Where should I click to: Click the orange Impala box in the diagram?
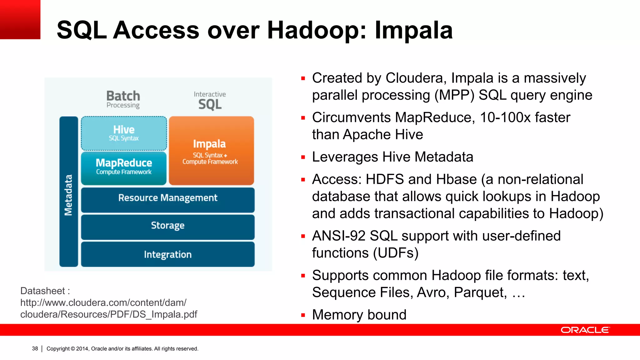click(211, 151)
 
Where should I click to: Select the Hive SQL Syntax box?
click(124, 133)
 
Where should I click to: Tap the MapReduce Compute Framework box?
click(124, 168)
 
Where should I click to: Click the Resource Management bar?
click(168, 200)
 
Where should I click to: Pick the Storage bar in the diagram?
click(168, 227)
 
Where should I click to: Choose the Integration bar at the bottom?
click(168, 254)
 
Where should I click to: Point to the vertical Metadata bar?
click(69, 192)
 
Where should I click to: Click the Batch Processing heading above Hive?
click(123, 99)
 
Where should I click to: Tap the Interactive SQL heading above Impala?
click(210, 101)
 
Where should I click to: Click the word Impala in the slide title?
click(413, 30)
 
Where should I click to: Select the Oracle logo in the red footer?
click(585, 330)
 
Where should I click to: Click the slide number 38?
click(35, 348)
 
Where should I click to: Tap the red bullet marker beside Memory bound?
click(303, 315)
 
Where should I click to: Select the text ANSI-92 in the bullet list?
click(338, 236)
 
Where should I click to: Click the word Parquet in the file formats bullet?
click(480, 292)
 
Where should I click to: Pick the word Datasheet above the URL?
click(42, 291)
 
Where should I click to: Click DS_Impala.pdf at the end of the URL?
click(165, 314)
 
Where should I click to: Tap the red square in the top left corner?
click(20, 19)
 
